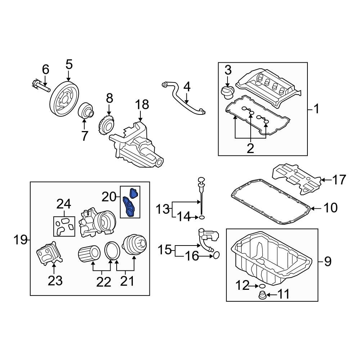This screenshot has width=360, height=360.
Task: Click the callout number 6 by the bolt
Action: point(45,69)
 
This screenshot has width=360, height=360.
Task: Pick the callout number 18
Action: point(142,105)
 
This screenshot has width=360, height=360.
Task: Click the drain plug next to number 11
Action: point(262,296)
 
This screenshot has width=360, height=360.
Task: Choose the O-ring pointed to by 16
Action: point(216,256)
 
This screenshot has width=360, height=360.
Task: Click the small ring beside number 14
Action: point(202,217)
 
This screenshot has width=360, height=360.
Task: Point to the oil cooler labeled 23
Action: point(49,253)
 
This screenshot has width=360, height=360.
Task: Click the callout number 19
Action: point(20,239)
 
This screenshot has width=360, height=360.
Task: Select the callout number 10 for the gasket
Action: point(330,208)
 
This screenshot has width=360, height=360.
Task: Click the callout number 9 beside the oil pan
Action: point(327,262)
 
